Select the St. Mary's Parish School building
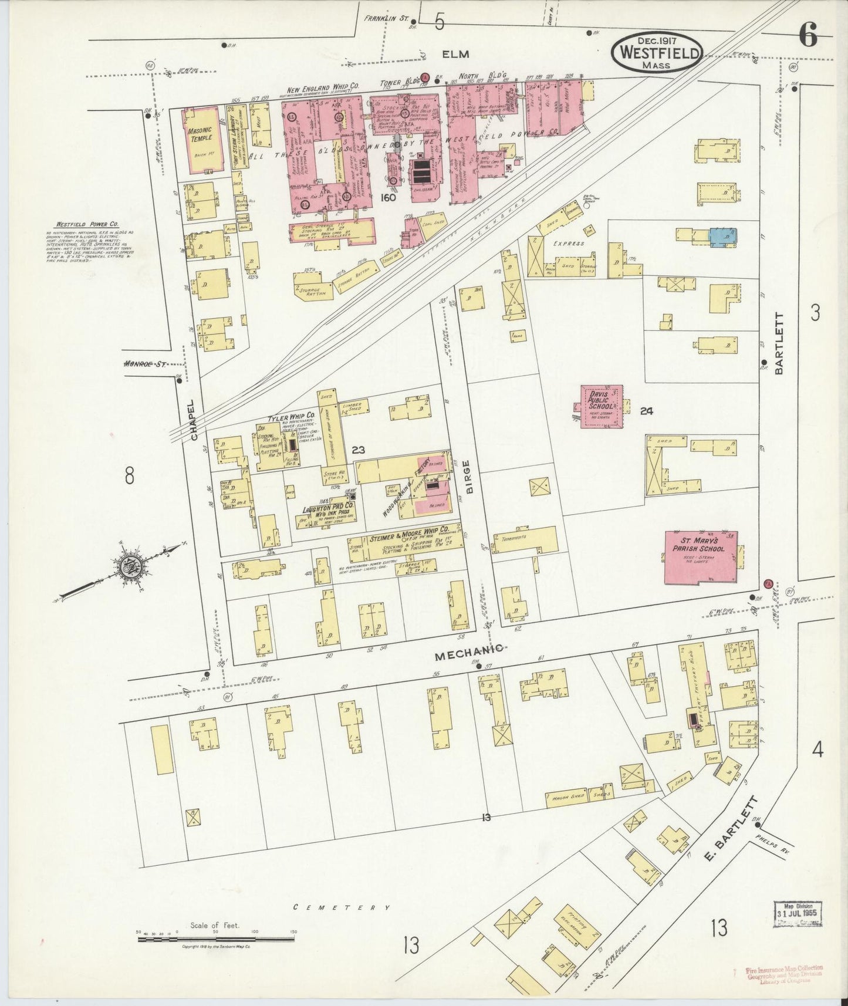point(701,558)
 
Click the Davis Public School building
point(602,406)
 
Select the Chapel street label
point(195,420)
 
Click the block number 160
point(388,197)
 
